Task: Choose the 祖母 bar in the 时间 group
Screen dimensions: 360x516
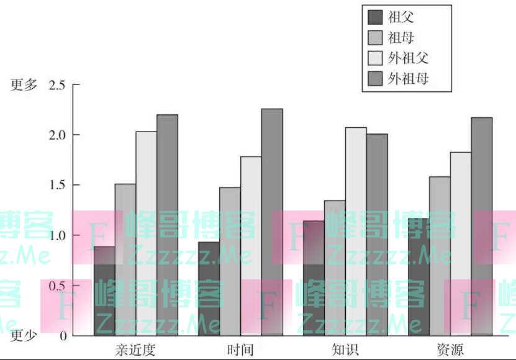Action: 230,261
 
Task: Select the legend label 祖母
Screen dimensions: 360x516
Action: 401,38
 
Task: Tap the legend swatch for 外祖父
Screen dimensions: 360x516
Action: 375,58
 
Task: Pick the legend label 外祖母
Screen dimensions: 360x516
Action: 408,79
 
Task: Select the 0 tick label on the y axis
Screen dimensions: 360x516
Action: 63,336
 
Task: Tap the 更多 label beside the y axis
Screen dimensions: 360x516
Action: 24,85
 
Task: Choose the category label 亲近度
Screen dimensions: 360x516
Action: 135,349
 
